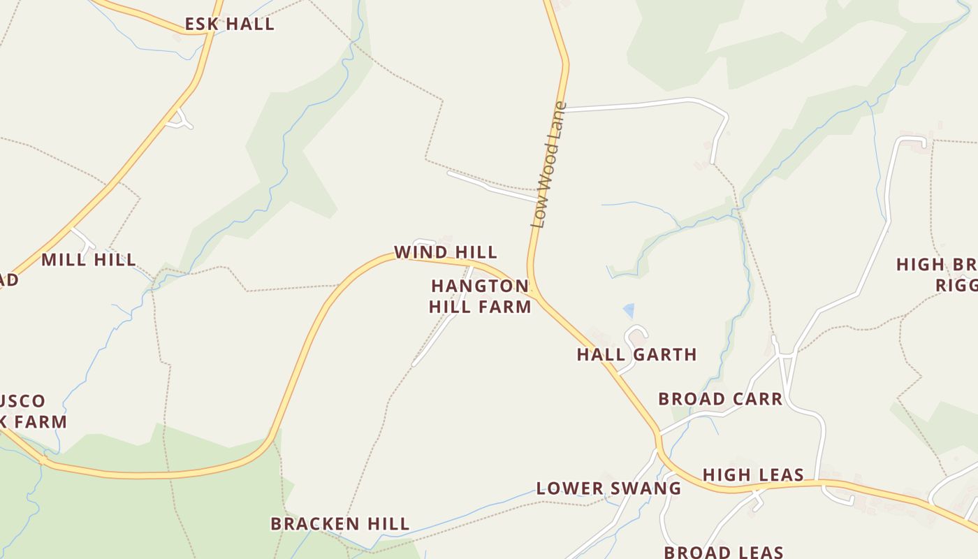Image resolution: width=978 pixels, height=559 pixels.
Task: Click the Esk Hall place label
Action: click(229, 24)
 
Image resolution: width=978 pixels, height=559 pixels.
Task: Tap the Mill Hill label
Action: click(89, 260)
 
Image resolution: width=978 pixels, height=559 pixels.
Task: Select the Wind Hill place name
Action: click(446, 252)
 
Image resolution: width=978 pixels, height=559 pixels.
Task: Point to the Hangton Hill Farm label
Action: click(480, 296)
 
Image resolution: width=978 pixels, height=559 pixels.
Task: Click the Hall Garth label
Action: click(636, 354)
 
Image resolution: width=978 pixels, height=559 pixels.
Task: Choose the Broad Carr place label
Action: click(720, 399)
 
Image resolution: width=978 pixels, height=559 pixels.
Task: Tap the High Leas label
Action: click(753, 475)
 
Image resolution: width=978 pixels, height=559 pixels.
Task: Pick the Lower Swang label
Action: click(608, 488)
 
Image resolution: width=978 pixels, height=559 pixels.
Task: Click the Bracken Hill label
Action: click(340, 523)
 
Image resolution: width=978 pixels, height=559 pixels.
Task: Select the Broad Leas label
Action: click(724, 552)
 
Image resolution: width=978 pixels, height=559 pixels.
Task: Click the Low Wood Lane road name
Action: click(548, 166)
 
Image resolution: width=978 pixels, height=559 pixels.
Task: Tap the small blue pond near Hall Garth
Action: click(629, 311)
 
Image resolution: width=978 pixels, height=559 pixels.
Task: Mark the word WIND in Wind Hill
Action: click(417, 252)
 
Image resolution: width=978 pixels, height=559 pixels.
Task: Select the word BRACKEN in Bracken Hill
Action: click(315, 523)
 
